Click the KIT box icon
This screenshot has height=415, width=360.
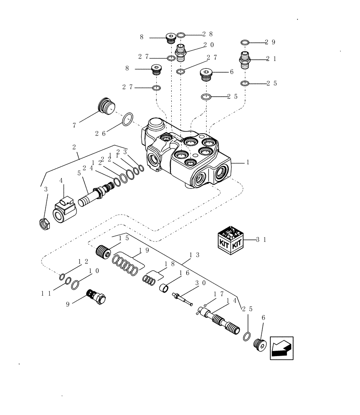[x=230, y=239]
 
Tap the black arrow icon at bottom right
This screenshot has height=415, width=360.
[x=281, y=348]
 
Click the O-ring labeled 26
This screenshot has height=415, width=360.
[x=128, y=119]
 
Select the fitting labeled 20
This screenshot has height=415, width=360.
[x=181, y=52]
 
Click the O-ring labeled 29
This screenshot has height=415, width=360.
[x=245, y=42]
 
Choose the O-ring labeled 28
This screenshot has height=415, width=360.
[x=181, y=35]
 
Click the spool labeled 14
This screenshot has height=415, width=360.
[x=220, y=321]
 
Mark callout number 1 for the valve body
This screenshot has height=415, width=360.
[x=248, y=163]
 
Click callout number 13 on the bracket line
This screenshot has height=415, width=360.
[x=194, y=255]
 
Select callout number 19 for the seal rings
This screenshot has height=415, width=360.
[x=144, y=250]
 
